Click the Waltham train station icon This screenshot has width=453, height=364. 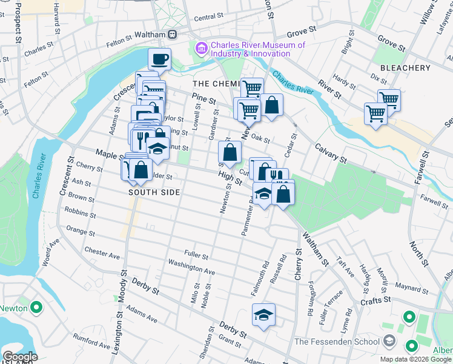click(x=173, y=35)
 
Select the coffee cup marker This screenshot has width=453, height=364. click(x=159, y=59)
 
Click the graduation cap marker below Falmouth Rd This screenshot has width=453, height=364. click(x=263, y=315)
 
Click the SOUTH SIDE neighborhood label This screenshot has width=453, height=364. click(x=154, y=192)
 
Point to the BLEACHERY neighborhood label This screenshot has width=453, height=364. click(x=405, y=68)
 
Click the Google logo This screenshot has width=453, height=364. click(x=20, y=357)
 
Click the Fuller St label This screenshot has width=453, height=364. click(x=196, y=255)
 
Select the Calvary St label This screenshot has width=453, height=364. click(x=330, y=153)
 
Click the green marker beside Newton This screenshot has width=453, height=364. click(x=36, y=308)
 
